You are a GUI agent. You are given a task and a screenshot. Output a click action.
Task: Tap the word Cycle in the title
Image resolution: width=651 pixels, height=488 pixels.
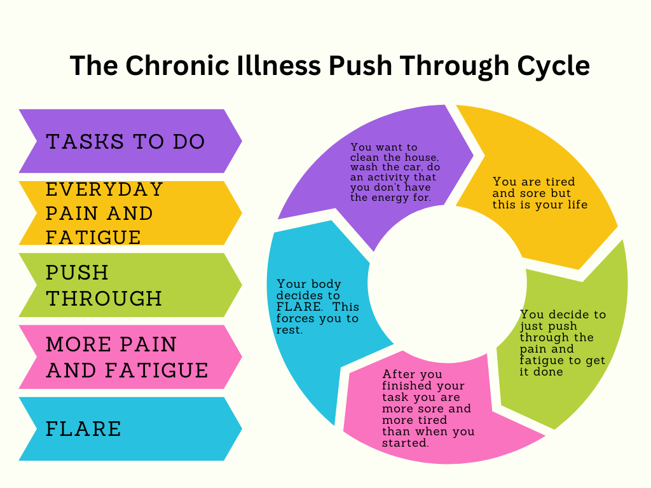pos(553,66)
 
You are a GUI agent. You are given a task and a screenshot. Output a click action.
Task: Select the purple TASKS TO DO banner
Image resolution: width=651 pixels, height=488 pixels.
pos(130,141)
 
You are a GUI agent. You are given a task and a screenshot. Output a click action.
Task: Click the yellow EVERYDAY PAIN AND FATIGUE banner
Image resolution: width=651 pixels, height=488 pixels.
pos(130,213)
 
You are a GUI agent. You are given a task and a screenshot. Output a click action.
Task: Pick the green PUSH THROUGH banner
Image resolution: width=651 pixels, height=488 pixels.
pos(130,285)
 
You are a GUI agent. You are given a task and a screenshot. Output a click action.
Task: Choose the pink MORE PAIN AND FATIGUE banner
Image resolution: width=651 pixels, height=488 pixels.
pos(130,357)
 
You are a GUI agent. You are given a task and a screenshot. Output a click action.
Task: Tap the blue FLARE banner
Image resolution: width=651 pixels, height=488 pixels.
pos(130,429)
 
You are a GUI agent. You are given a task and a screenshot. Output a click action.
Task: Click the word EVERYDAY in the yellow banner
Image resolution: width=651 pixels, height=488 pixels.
pos(104,189)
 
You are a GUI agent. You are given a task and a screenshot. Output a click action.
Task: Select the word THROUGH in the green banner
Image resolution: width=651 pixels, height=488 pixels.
pos(104,299)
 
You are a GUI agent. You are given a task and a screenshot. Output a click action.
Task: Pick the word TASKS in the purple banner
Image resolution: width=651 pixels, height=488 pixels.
pos(85,142)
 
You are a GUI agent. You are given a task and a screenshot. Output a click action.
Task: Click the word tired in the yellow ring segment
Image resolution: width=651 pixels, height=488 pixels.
pos(560,182)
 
